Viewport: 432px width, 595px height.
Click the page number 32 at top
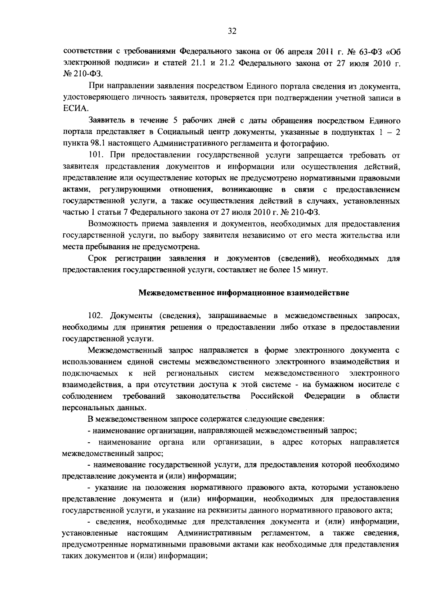(232, 31)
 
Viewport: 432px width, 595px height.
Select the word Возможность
(112, 224)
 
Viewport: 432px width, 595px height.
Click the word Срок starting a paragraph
(98, 259)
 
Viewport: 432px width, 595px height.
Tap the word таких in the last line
(73, 555)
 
